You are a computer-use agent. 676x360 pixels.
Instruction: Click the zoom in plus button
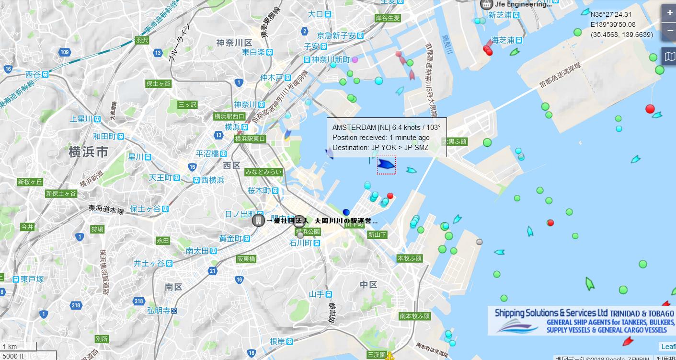[669, 13]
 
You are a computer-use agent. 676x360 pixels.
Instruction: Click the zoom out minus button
[669, 31]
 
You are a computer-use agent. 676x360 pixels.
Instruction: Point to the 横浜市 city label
[89, 152]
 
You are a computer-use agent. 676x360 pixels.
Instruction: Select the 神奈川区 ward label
[234, 43]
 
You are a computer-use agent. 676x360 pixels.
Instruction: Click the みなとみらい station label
[264, 172]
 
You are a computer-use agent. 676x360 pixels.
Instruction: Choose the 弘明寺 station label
[159, 310]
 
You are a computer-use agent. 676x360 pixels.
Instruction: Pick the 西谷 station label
[33, 74]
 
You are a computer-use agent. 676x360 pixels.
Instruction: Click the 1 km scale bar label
[10, 347]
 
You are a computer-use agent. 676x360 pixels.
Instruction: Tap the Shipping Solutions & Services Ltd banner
[582, 320]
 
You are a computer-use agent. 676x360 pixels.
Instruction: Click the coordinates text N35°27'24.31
[611, 14]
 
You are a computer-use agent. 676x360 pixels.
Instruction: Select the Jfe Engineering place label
[522, 4]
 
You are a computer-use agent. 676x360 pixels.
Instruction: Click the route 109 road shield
[65, 52]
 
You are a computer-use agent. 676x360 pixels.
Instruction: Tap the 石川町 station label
[301, 243]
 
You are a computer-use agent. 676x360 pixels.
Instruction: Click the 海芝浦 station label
[503, 40]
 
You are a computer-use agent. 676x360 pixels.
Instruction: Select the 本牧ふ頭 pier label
[410, 258]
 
